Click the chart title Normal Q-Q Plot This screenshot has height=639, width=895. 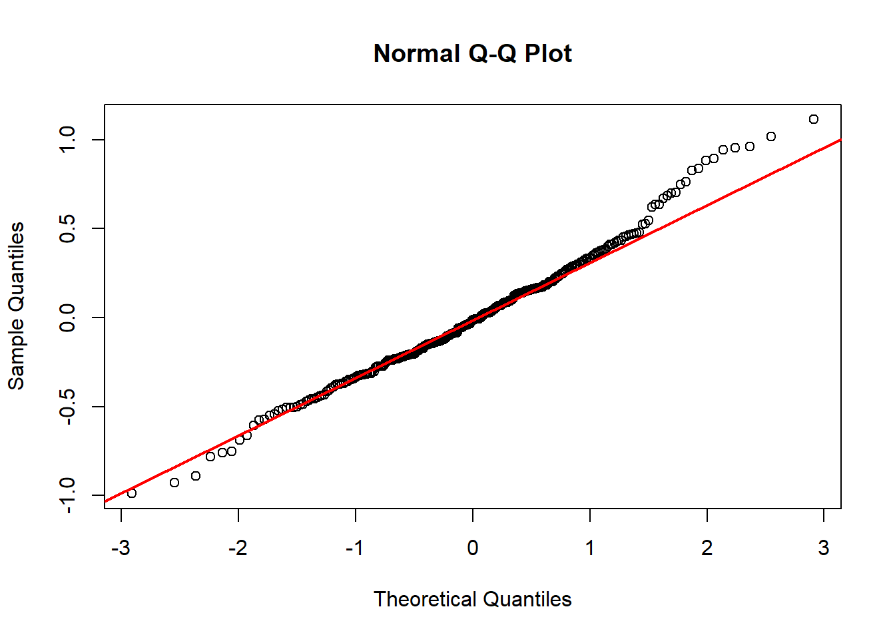click(x=472, y=53)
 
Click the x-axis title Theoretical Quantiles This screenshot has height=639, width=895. click(x=472, y=599)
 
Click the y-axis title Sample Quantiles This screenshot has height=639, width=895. click(x=16, y=306)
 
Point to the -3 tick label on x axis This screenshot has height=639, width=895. click(x=121, y=548)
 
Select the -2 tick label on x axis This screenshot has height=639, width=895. click(x=238, y=548)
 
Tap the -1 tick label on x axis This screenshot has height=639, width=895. click(x=355, y=548)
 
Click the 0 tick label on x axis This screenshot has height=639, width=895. click(x=473, y=548)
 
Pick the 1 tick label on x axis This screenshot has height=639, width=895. click(x=590, y=548)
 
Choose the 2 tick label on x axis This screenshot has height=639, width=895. click(x=707, y=548)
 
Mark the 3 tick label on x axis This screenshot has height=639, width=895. click(x=824, y=548)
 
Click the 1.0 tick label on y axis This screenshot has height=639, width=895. click(x=67, y=140)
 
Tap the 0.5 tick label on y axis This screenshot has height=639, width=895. click(x=67, y=229)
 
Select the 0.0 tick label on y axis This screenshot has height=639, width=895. click(x=67, y=318)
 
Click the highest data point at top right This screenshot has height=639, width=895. click(x=814, y=119)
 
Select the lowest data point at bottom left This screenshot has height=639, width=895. click(x=132, y=493)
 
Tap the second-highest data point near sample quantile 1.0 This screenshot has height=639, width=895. click(x=771, y=136)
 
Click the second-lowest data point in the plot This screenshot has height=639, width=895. click(x=174, y=483)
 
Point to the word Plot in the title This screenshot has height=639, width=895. click(x=548, y=53)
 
